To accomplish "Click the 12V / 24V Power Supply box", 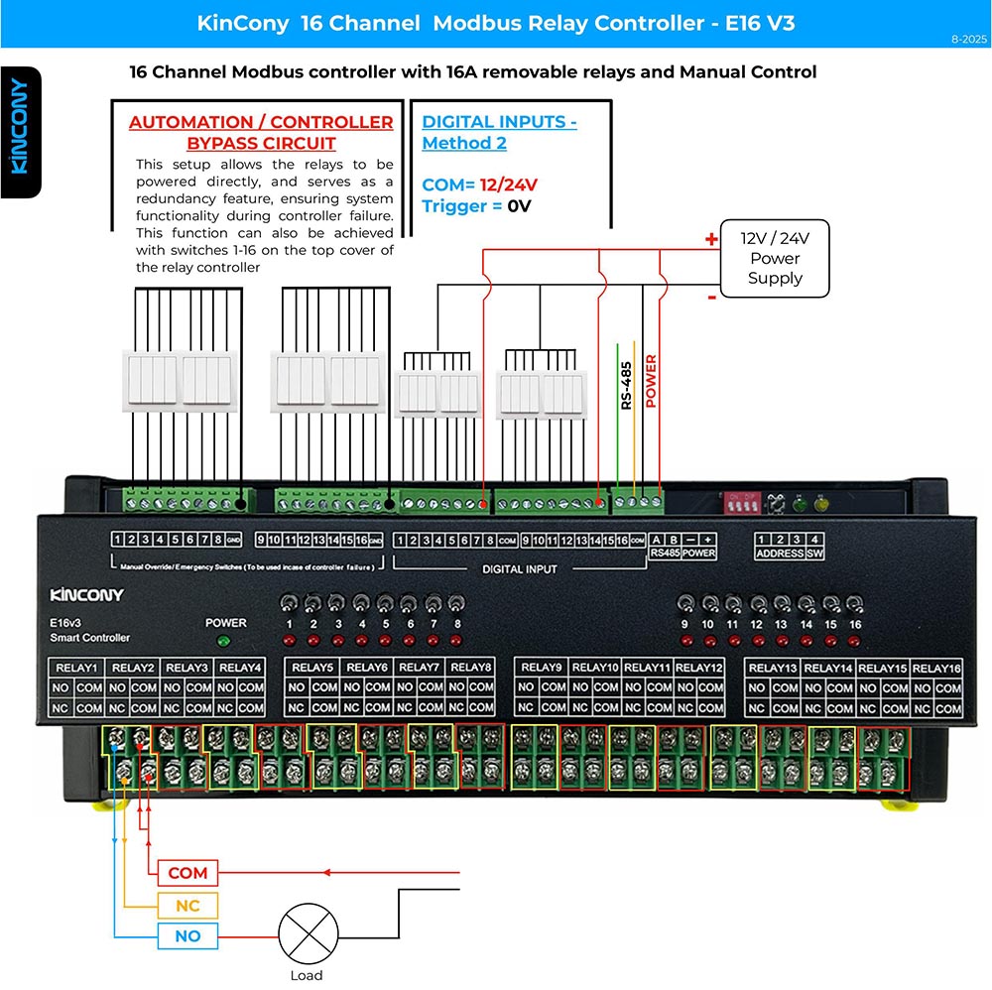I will pyautogui.click(x=774, y=258).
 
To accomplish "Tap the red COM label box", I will pyautogui.click(x=187, y=873).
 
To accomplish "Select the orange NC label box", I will pyautogui.click(x=187, y=906).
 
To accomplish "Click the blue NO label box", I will pyautogui.click(x=187, y=936).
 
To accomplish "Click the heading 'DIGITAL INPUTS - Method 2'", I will pyautogui.click(x=499, y=132).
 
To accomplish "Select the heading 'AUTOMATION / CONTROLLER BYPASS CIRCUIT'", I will pyautogui.click(x=261, y=132).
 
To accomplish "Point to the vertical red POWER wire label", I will pyautogui.click(x=652, y=382).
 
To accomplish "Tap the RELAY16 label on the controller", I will pyautogui.click(x=935, y=668).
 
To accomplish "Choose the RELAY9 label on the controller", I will pyautogui.click(x=541, y=668).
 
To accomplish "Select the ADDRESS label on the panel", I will pyautogui.click(x=779, y=554).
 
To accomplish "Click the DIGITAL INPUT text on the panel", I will pyautogui.click(x=519, y=569).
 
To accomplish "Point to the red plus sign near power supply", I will pyautogui.click(x=710, y=239).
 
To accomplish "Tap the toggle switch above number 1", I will pyautogui.click(x=289, y=604).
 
